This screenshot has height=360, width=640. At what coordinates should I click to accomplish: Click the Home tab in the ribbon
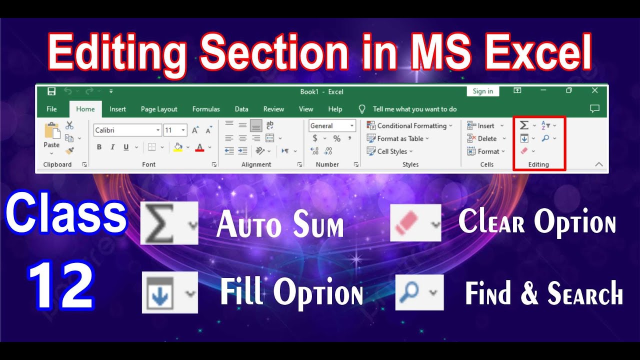[x=85, y=109]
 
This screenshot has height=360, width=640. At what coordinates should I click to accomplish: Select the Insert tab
[x=118, y=109]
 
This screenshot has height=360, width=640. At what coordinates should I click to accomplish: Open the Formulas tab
[x=206, y=109]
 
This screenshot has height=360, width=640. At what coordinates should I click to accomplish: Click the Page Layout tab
[x=159, y=109]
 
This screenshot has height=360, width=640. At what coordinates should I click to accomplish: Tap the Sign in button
[x=483, y=91]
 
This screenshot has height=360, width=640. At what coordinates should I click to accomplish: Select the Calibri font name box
[x=125, y=130]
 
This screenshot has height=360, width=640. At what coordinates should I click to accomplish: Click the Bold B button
[x=99, y=147]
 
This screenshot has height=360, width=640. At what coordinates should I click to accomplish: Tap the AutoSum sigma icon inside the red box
[x=524, y=125]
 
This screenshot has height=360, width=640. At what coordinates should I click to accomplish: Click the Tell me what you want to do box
[x=414, y=109]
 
